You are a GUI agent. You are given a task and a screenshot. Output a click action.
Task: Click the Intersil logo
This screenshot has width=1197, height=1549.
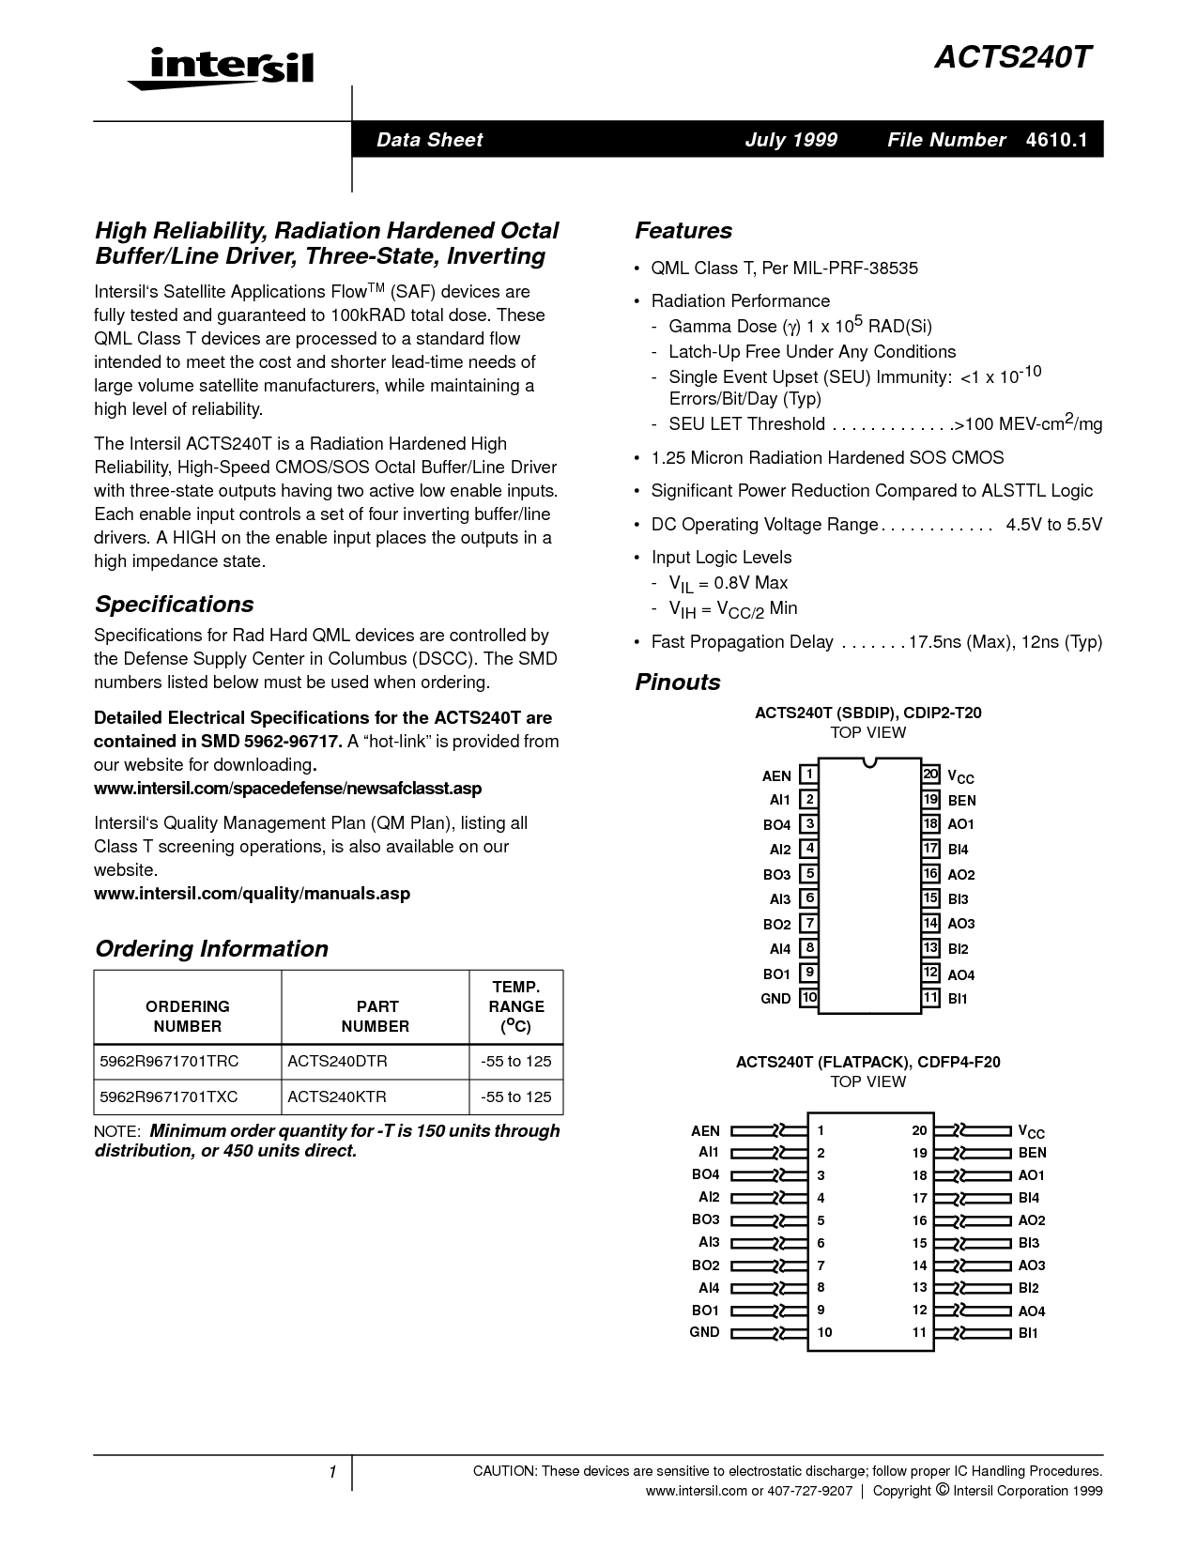[x=222, y=68]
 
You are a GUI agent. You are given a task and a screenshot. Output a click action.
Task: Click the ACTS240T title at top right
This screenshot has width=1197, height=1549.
[x=1013, y=58]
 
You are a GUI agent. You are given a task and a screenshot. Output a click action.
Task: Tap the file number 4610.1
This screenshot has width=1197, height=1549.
[x=1056, y=140]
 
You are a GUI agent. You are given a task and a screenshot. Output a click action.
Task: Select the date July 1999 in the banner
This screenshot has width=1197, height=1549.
[x=790, y=140]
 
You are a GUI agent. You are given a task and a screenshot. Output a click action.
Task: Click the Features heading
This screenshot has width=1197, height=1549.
[x=683, y=231]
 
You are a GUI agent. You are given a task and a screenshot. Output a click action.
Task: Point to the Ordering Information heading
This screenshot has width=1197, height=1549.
[x=211, y=949]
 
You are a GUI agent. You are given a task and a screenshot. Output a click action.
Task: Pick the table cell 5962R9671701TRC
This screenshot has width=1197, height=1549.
[x=169, y=1062]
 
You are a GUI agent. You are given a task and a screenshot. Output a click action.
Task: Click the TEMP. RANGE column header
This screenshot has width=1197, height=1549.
[x=515, y=1006]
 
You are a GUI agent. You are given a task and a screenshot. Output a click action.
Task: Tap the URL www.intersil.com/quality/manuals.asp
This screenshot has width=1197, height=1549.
[x=252, y=894]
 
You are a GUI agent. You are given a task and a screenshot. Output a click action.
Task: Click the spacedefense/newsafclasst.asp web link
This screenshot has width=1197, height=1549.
[x=287, y=788]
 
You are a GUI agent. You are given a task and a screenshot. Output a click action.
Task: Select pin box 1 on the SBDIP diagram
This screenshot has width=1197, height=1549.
[x=808, y=775]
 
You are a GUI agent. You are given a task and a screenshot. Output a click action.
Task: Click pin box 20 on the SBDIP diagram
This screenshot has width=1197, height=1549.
[x=930, y=774]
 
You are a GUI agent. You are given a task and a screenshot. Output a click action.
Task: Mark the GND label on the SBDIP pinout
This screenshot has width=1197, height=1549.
[x=775, y=999]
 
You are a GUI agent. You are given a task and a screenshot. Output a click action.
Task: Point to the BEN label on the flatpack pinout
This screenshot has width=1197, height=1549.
[x=1032, y=1153]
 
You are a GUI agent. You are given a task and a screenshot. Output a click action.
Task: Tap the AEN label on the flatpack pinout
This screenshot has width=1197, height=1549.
[x=705, y=1131]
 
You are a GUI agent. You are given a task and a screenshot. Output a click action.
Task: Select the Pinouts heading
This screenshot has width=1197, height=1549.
[x=678, y=682]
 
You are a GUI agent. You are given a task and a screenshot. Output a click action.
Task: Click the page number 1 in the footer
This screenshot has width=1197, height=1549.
[x=332, y=1472]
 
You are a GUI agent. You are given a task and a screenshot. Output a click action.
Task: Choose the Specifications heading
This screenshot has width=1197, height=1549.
[x=174, y=605]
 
